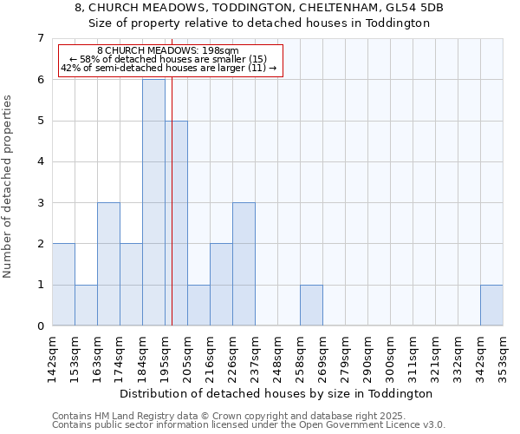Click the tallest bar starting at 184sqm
153,202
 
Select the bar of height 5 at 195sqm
176,223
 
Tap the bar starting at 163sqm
108,264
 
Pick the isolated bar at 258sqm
311,305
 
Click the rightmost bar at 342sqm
491,305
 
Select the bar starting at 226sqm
244,264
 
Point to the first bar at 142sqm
63,285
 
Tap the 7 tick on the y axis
40,38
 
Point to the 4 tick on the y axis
40,161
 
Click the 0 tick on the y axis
40,326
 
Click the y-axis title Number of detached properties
9,187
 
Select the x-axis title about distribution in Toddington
277,393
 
